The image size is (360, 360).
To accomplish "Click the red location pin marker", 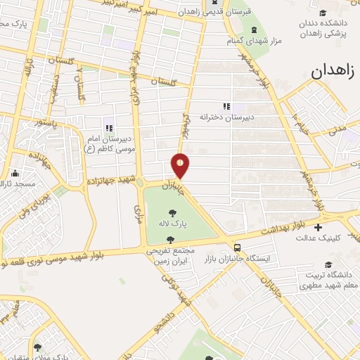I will tap(181, 166).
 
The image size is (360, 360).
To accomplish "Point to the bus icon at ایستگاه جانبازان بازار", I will tap(237, 248).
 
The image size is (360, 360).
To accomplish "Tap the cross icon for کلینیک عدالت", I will tap(319, 227).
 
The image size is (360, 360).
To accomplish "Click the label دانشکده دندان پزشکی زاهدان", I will tap(328, 27).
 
